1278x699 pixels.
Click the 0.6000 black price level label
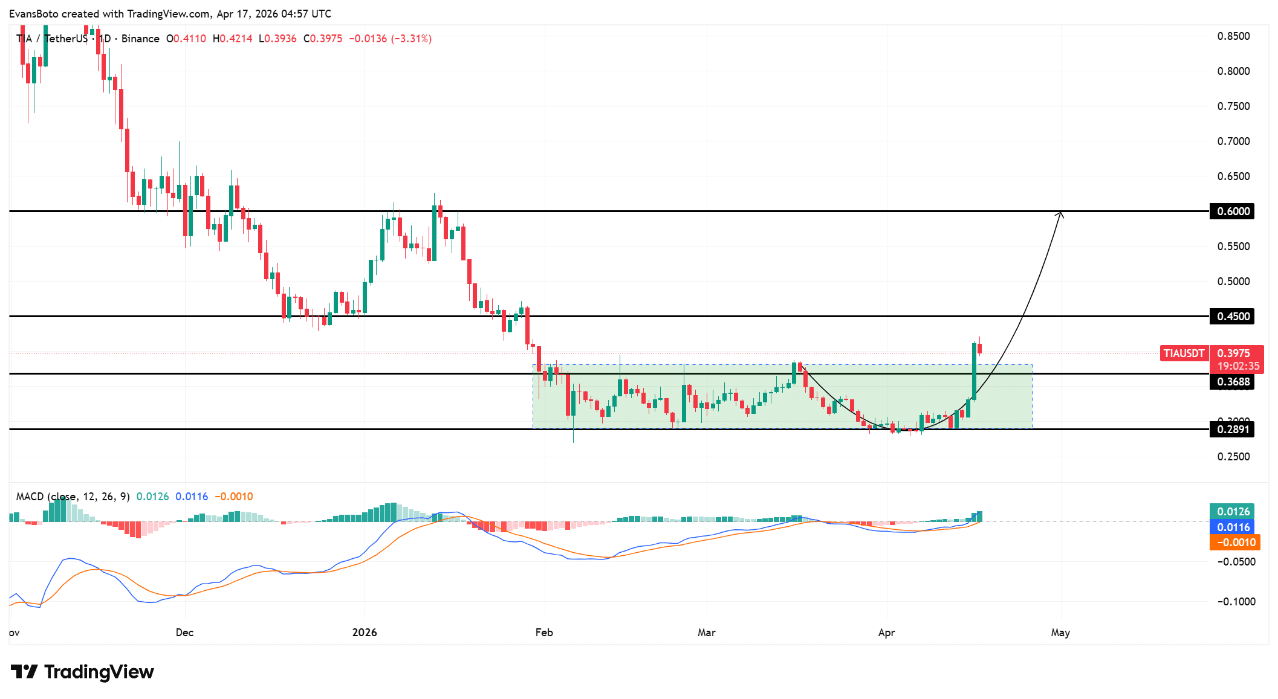click(1232, 211)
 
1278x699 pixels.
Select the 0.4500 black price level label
click(1232, 317)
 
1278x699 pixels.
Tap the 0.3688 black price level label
click(1232, 382)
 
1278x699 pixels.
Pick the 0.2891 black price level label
click(1232, 430)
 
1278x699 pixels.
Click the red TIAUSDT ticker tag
click(1184, 353)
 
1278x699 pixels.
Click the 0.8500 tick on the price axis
click(1233, 36)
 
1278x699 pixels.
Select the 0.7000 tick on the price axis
click(1233, 141)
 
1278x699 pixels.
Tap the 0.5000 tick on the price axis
click(1233, 282)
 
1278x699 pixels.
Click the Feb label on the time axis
click(544, 633)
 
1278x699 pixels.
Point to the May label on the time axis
click(1060, 633)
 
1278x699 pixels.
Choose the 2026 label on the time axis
click(365, 633)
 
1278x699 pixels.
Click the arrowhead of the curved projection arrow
click(1060, 213)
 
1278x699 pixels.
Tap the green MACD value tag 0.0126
click(1233, 512)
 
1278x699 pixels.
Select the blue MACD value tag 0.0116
click(1233, 527)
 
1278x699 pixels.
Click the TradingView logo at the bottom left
click(82, 672)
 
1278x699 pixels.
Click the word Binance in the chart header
click(140, 39)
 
